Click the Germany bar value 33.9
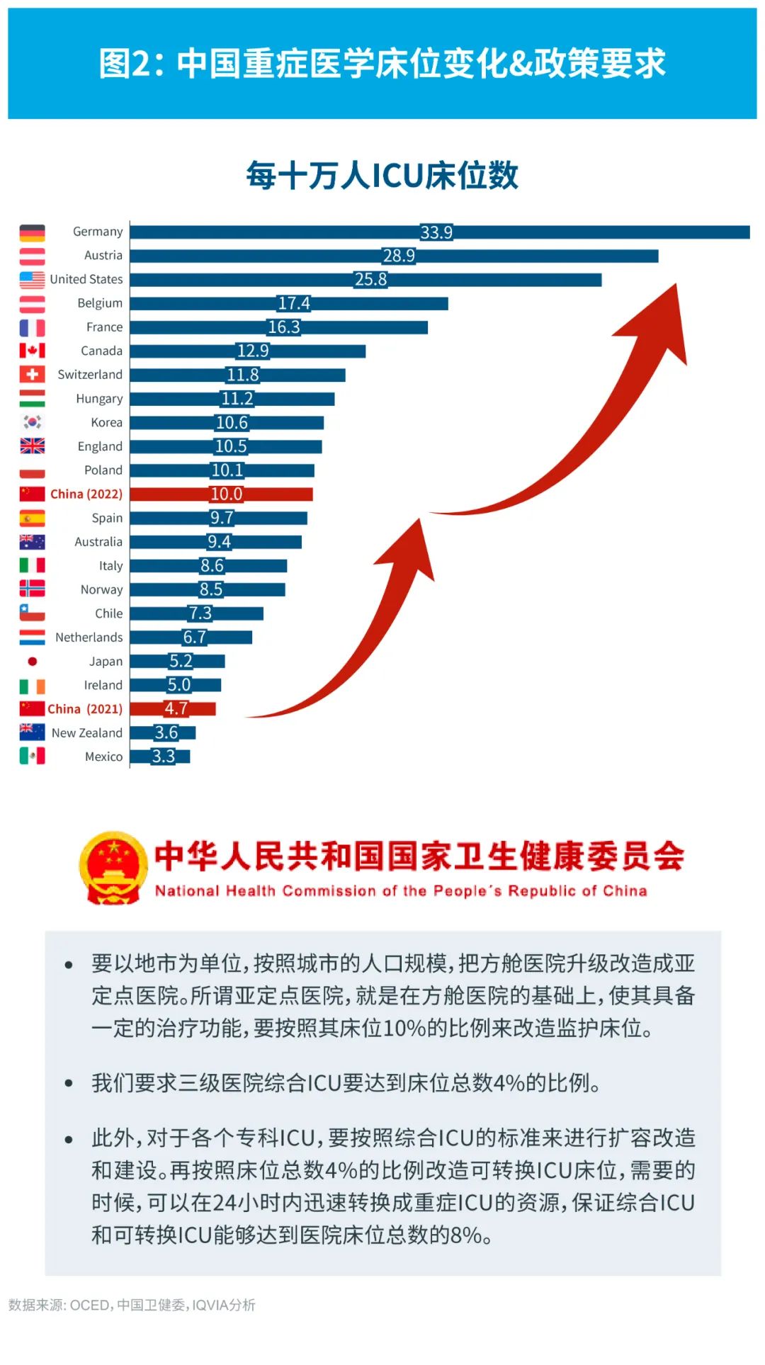[x=436, y=232]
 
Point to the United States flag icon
[x=32, y=280]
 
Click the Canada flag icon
[x=32, y=351]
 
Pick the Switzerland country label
[x=90, y=375]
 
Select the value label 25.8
[x=370, y=280]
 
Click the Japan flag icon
[x=32, y=662]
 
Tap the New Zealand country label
[x=87, y=733]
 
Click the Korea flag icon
[x=32, y=423]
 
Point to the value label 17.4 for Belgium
[x=294, y=303]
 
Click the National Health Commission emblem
[x=113, y=868]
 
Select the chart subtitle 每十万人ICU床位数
[x=382, y=175]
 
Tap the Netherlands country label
[x=89, y=638]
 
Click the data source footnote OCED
[x=89, y=1305]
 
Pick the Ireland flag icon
[x=32, y=686]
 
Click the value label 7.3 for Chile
[x=200, y=613]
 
